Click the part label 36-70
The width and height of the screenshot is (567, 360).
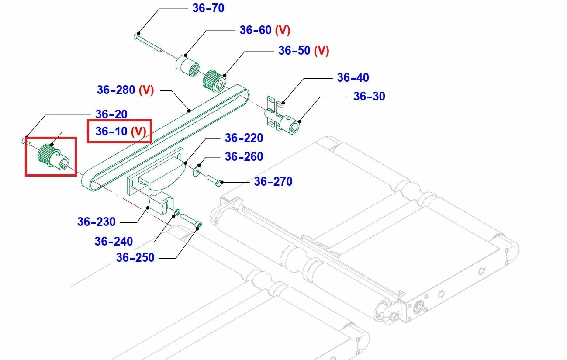pyautogui.click(x=208, y=8)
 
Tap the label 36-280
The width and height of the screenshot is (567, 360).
pyautogui.click(x=116, y=90)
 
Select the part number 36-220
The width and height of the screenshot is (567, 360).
pyautogui.click(x=244, y=138)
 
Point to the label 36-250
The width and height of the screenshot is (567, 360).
pyautogui.click(x=135, y=258)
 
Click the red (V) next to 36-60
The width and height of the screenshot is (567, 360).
pyautogui.click(x=283, y=30)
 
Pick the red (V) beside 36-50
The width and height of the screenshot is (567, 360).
pyautogui.click(x=322, y=51)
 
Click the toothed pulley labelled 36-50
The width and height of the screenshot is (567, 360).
pyautogui.click(x=214, y=82)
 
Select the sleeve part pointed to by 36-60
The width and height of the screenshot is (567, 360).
pyautogui.click(x=187, y=66)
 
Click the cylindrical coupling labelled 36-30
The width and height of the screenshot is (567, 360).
pyautogui.click(x=289, y=124)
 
